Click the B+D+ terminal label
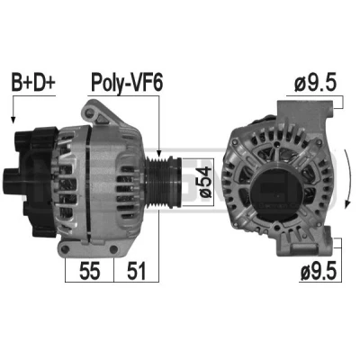(x=33, y=81)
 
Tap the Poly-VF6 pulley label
(x=127, y=82)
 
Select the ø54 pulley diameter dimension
(x=204, y=182)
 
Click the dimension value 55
(x=90, y=271)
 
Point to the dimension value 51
(x=136, y=271)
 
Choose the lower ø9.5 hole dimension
(x=319, y=271)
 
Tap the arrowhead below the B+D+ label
(x=13, y=120)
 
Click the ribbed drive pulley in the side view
(x=163, y=182)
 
